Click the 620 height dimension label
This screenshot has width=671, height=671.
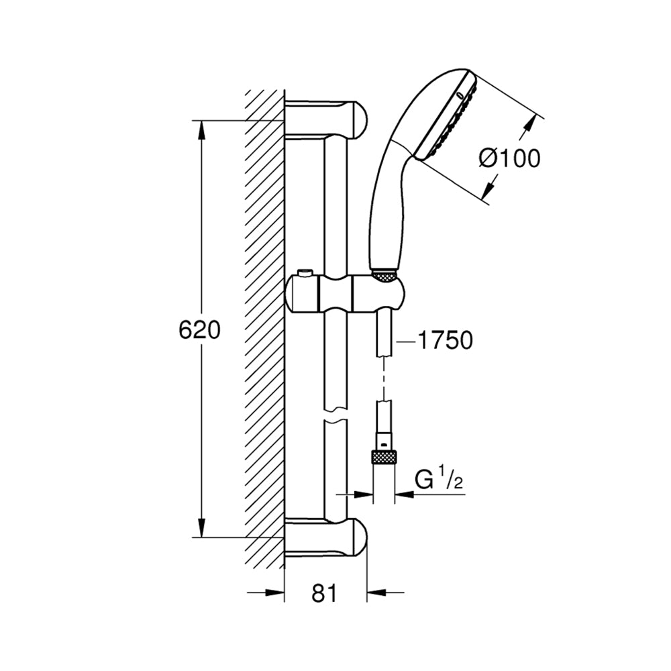point(199,329)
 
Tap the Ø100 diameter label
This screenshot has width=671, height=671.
point(509,159)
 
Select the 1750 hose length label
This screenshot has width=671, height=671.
point(445,341)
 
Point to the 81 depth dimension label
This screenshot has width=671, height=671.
point(324,594)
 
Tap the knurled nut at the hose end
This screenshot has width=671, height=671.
point(384,458)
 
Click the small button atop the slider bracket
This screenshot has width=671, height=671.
point(305,272)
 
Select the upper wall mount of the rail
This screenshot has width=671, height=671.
point(326,120)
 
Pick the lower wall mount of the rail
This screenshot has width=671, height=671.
point(326,537)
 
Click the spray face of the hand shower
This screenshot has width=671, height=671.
point(446,115)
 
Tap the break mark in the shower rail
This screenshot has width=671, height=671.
point(335,414)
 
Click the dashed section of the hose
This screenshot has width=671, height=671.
point(384,377)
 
